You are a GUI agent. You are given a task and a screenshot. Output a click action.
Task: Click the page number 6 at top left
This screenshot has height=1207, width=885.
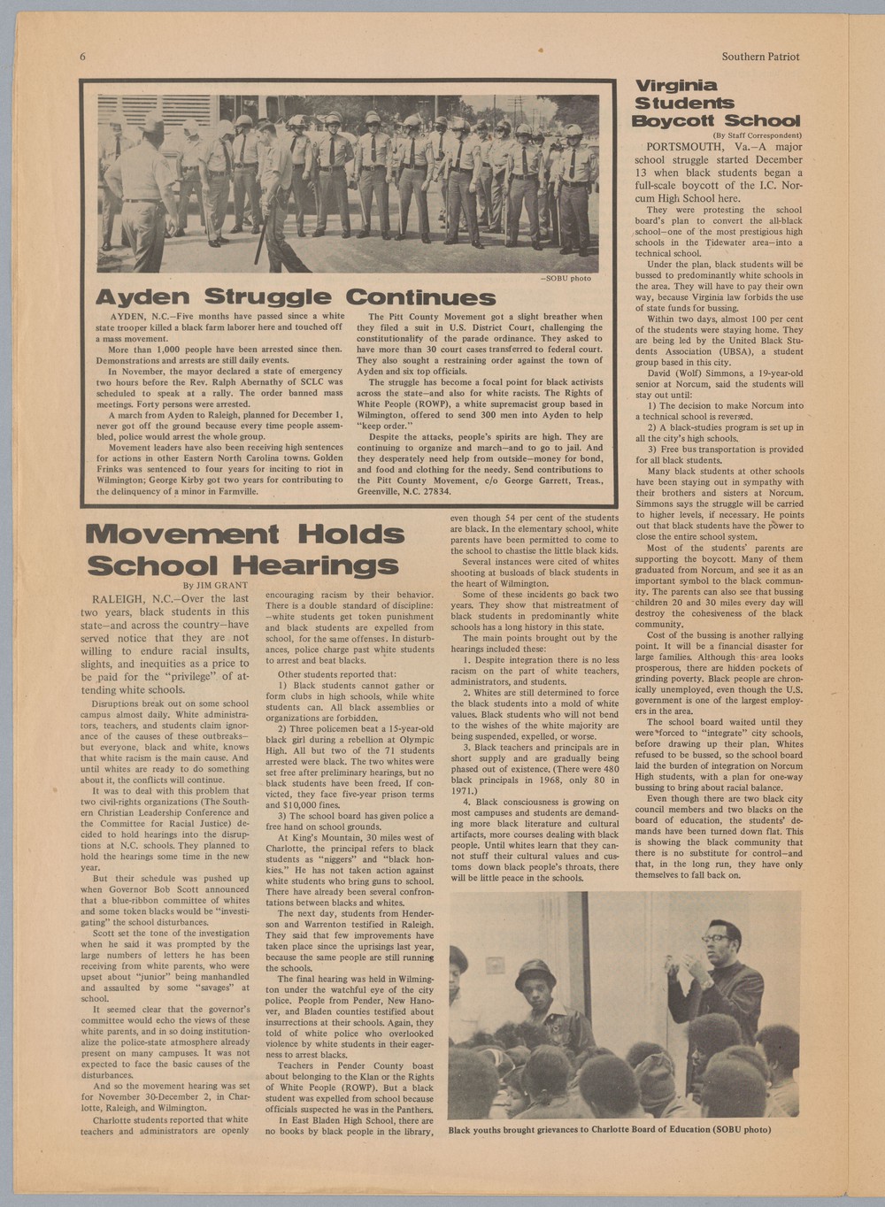pos(82,57)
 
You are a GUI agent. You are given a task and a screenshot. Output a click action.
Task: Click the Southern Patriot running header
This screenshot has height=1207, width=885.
pos(759,57)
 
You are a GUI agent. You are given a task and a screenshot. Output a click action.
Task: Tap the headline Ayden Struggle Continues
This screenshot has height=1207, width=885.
pos(295,296)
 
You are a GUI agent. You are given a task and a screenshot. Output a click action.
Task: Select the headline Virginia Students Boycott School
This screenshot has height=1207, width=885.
pos(717,104)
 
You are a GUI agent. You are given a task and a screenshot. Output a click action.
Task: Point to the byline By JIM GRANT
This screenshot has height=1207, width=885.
pos(216,585)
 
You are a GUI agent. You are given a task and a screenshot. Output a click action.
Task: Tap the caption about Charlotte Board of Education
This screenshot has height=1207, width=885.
pos(609,1129)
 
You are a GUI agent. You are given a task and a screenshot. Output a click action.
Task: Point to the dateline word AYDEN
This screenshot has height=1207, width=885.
pos(127,316)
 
